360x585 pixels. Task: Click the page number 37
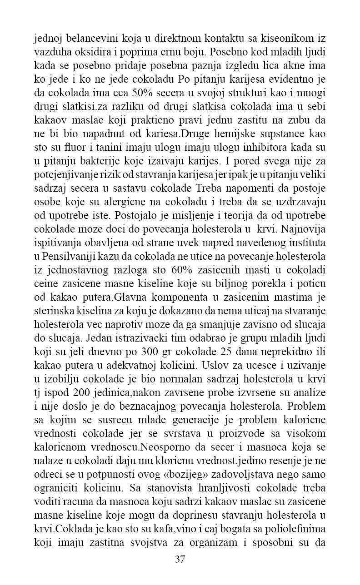coord(180,559)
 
